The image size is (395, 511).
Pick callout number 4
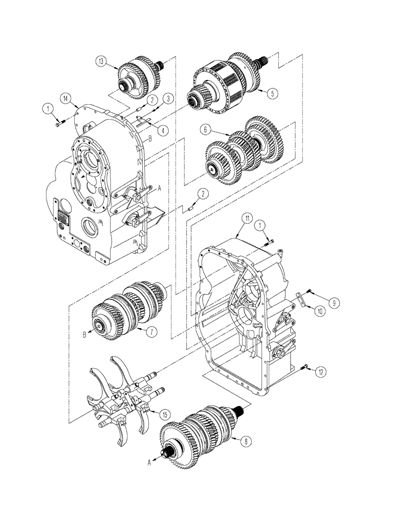pos(163,130)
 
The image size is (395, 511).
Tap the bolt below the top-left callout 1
pos(57,122)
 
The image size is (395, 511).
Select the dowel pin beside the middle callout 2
pos(190,207)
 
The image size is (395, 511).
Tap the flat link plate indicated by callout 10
pos(302,299)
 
